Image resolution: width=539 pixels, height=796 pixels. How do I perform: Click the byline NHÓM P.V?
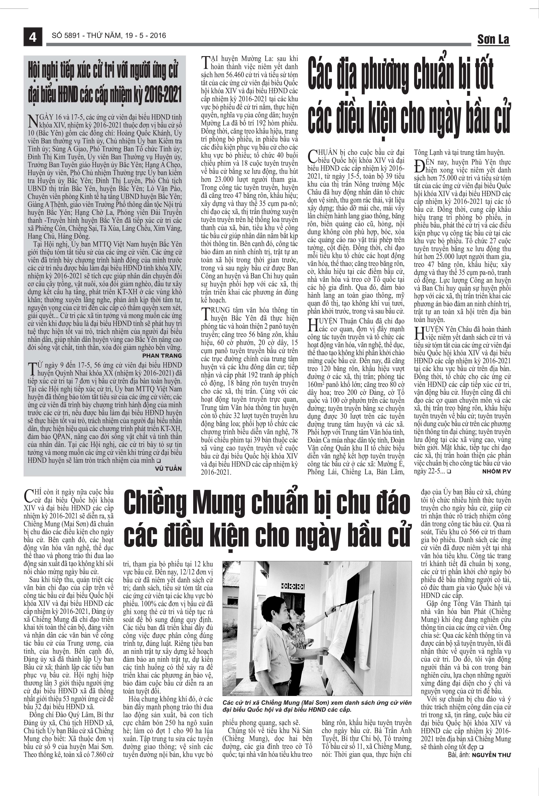tap(497, 472)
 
